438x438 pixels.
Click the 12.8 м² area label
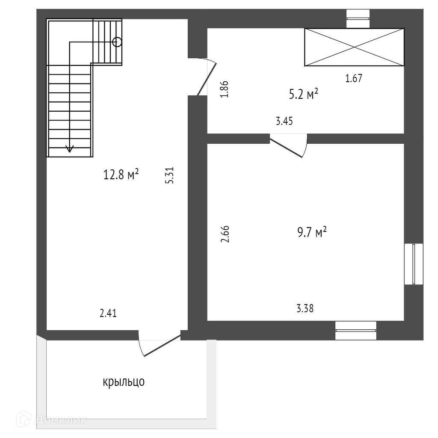[x=121, y=175]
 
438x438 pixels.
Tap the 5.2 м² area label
[x=303, y=94]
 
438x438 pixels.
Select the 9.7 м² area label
[x=311, y=233]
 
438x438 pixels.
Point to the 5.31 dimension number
[x=170, y=175]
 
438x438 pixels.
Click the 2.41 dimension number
[x=108, y=314]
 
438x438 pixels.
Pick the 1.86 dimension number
[x=225, y=89]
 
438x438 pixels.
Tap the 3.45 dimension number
[x=284, y=121]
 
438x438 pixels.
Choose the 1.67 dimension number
[x=354, y=78]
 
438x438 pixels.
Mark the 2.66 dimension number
[x=225, y=234]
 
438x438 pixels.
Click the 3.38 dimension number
[x=305, y=308]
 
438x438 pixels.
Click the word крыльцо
[x=124, y=382]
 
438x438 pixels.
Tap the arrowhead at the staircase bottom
[x=69, y=149]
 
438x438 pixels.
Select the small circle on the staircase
[x=117, y=42]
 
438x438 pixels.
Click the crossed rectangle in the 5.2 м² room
[x=354, y=47]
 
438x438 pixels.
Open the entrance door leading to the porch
[x=160, y=345]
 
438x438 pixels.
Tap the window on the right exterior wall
[x=414, y=264]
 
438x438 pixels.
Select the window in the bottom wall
[x=356, y=330]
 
